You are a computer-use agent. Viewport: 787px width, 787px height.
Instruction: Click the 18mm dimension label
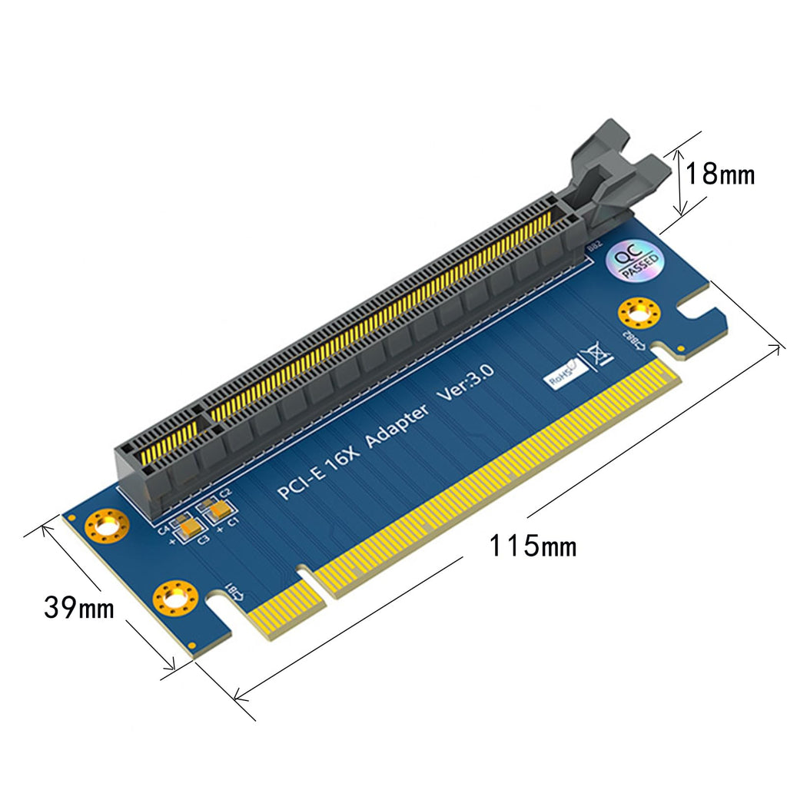pos(719,174)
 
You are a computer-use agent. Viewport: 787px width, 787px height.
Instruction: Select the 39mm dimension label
pos(78,608)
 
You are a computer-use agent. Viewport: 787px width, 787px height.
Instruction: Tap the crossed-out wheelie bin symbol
pos(597,355)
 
